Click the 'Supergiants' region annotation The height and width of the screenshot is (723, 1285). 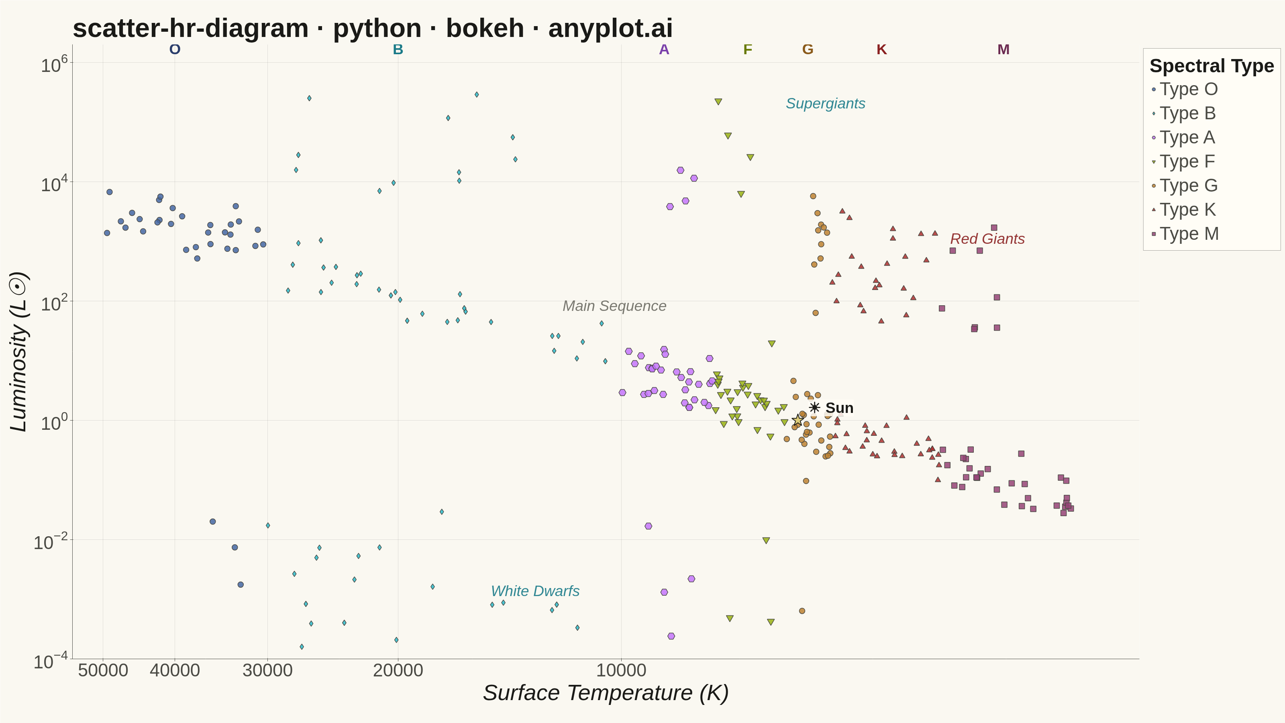tap(826, 104)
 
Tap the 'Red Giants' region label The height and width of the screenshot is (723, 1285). tap(987, 239)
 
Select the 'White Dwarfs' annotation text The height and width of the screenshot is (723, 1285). tap(535, 591)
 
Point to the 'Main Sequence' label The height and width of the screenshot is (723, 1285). tap(614, 306)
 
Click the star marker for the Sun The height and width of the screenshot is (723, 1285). tap(798, 421)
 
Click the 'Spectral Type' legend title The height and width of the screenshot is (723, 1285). tap(1212, 66)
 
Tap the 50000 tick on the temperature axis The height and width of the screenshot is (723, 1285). tap(103, 670)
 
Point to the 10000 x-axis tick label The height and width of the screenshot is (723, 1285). tap(621, 670)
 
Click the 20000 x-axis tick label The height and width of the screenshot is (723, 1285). tap(398, 670)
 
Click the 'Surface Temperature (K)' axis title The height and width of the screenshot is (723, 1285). tap(606, 693)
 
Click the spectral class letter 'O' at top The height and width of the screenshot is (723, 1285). tap(175, 49)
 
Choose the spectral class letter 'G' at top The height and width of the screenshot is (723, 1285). tap(808, 49)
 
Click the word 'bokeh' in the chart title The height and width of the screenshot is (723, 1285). tap(485, 29)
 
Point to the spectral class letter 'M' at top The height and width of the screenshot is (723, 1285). tap(1003, 49)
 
